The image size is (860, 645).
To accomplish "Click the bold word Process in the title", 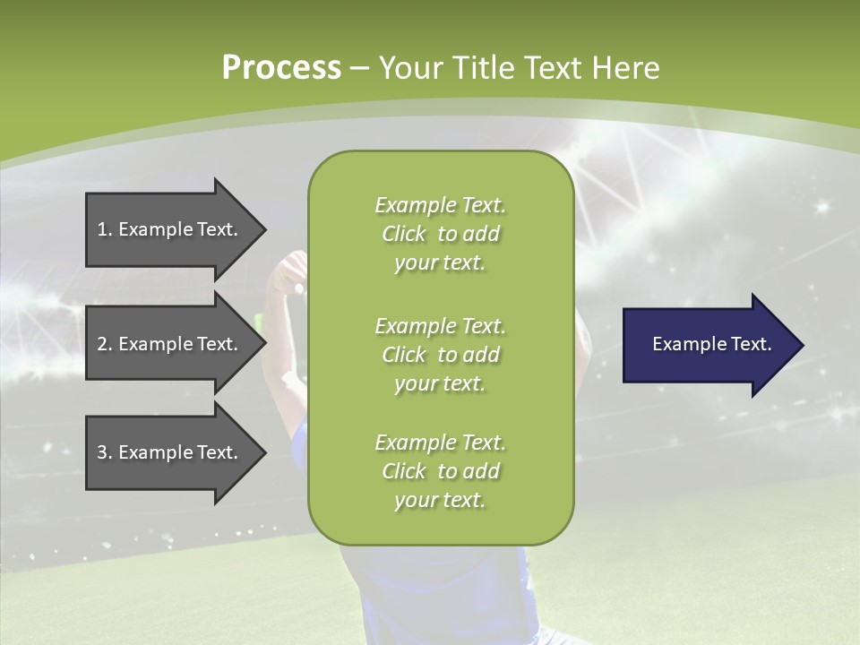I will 281,68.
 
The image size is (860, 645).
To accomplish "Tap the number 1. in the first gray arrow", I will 105,229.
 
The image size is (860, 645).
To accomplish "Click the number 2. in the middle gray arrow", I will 105,344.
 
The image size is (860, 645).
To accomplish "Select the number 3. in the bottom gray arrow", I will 105,452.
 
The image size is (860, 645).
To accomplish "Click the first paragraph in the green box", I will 440,234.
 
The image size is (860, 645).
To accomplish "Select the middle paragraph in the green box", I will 440,355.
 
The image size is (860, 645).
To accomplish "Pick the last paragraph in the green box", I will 440,471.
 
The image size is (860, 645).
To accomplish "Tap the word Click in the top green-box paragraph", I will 404,234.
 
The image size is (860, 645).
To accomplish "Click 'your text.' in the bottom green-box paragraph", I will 440,500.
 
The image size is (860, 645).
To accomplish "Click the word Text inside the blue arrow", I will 752,344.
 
